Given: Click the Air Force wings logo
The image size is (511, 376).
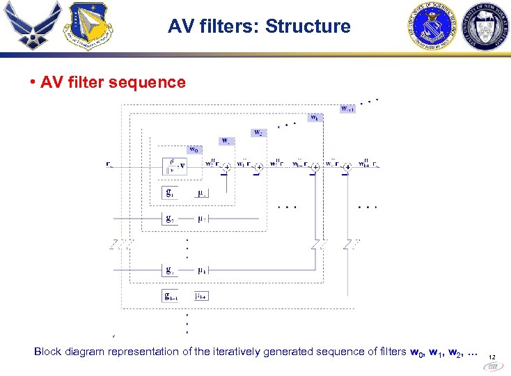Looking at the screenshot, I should tap(30, 26).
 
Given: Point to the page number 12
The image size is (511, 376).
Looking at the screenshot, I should tap(492, 358).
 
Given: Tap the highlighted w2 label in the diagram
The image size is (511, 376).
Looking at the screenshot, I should tap(258, 132).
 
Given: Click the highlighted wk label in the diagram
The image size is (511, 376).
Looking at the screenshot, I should tap(316, 118).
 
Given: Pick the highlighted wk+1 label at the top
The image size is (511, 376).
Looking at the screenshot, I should tap(347, 108).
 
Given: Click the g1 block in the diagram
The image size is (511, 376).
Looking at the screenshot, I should tap(169, 192).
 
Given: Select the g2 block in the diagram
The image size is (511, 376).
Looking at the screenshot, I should tap(169, 219).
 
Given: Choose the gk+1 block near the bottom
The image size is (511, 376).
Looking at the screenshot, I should tap(171, 296).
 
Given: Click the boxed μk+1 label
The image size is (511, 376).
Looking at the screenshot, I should tap(202, 296).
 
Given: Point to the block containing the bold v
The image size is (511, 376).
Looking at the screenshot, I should tap(173, 166).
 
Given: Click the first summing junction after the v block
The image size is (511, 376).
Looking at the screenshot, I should tap(227, 167).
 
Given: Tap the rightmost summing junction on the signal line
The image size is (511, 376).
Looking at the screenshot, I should tap(347, 167).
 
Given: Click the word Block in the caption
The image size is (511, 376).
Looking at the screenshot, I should tap(47, 352).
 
